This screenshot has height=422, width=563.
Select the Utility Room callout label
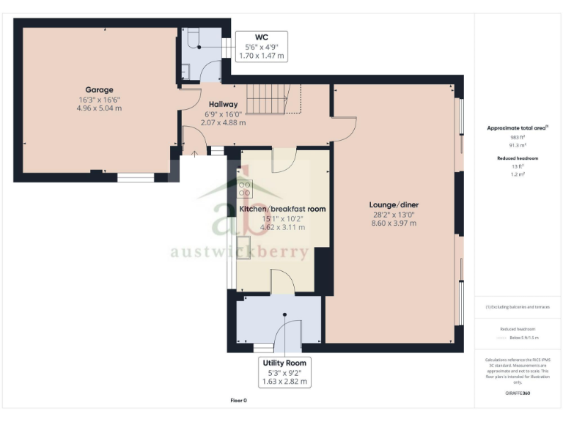tap(285, 372)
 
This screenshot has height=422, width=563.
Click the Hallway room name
tap(224, 104)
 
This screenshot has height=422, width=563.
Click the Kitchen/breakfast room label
tap(282, 209)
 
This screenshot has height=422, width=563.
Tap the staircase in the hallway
tap(272, 99)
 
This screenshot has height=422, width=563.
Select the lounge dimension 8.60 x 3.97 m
tap(394, 223)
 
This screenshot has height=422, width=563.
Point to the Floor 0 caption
tap(239, 401)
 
